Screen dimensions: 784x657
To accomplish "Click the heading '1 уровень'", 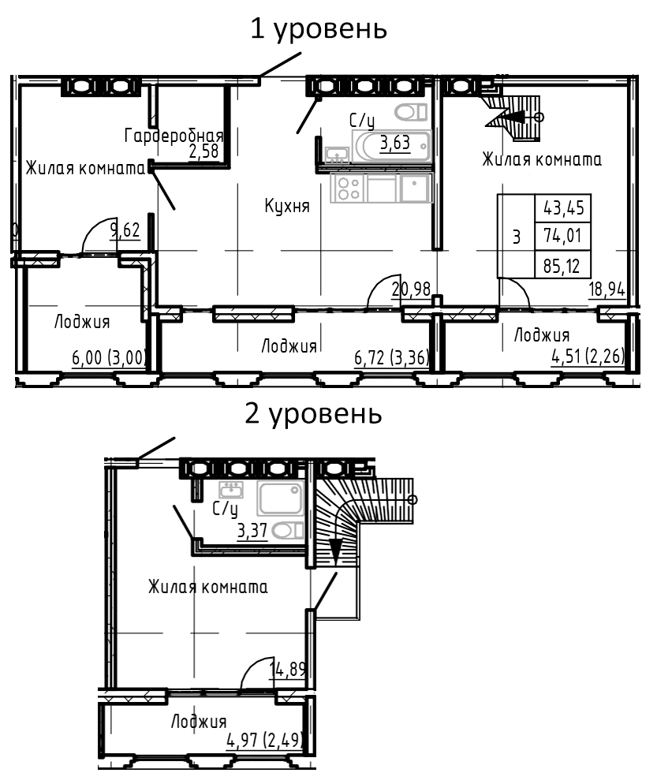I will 319,29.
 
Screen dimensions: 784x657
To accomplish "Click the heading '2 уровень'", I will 314,413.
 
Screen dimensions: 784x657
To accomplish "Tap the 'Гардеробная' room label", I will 174,136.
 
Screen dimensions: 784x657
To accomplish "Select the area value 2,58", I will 203,151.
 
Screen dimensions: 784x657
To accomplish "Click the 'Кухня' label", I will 286,207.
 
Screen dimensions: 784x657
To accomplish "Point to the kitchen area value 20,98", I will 411,289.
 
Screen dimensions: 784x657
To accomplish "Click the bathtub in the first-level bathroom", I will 392,146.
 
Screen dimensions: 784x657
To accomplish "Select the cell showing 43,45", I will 562,209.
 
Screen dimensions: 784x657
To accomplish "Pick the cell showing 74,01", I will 562,237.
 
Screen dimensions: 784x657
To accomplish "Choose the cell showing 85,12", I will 562,265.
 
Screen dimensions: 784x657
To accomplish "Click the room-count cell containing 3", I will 516,237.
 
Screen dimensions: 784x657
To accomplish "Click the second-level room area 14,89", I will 288,670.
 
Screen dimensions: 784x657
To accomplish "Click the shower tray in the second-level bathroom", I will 280,498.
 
